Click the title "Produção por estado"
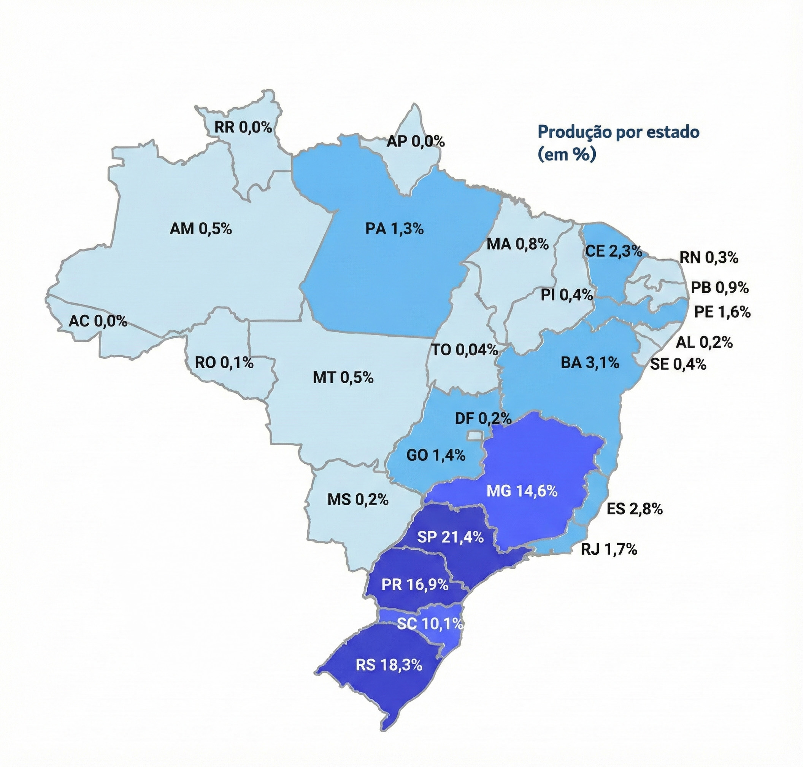618,132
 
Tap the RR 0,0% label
243,127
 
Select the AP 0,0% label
416,142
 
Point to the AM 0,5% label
201,229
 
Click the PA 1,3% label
394,229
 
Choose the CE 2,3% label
613,251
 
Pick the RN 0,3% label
709,258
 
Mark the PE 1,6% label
722,312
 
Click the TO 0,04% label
465,350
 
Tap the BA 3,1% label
590,363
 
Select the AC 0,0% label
98,321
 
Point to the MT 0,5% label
343,378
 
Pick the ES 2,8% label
634,509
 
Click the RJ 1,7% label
609,549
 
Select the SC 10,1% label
430,624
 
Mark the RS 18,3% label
389,665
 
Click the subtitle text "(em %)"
567,155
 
